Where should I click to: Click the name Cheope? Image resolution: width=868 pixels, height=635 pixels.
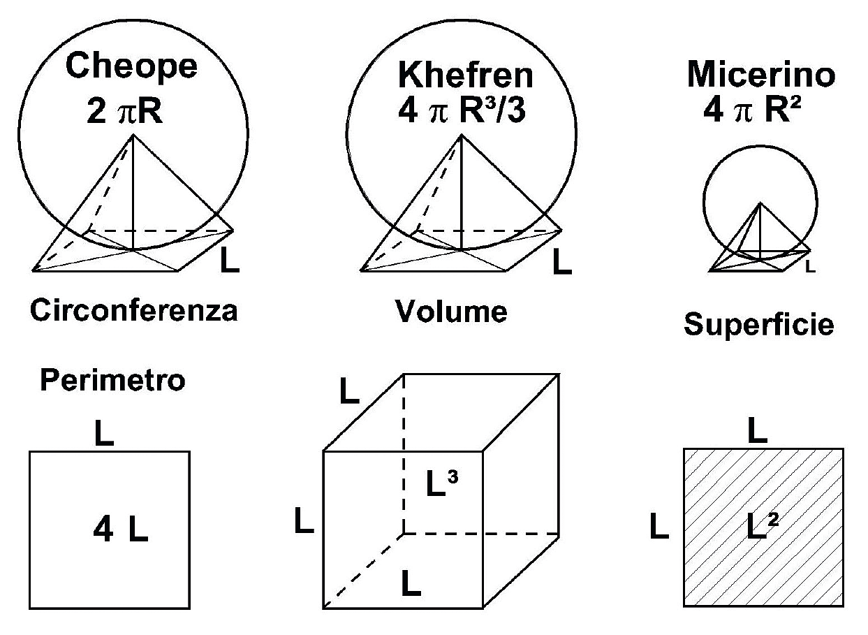coord(131,67)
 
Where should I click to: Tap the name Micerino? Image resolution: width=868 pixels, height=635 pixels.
coord(761,75)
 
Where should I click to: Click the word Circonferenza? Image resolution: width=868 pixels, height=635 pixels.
coord(133,311)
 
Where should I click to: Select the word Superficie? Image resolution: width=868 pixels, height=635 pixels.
coord(759,324)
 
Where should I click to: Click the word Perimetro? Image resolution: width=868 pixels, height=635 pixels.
coord(112,381)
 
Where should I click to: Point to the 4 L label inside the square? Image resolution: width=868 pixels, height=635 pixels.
coord(121,532)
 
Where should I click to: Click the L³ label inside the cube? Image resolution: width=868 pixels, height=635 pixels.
coord(441,482)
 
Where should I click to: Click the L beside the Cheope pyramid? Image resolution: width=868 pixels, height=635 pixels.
coord(231,261)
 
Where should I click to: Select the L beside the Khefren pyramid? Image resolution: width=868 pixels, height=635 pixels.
coord(561,262)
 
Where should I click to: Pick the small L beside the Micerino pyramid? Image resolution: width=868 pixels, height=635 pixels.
coord(809,266)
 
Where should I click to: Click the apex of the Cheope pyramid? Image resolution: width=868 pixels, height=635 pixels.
coord(133,135)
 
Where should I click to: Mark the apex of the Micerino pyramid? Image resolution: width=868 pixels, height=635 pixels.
coord(760,203)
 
